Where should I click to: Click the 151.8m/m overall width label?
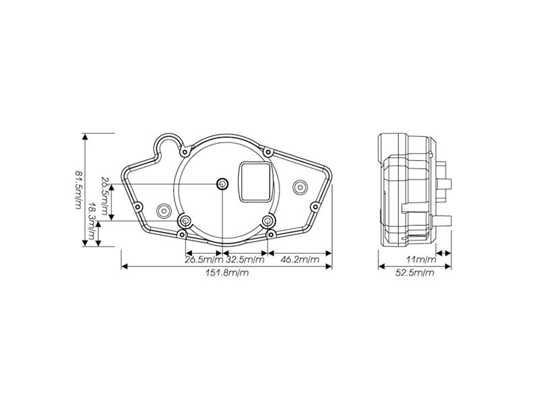click(x=227, y=273)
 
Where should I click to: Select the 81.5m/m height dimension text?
click(x=78, y=189)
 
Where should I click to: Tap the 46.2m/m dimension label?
click(x=300, y=259)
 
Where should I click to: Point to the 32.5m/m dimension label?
click(x=245, y=259)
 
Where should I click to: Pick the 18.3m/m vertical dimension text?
click(x=92, y=221)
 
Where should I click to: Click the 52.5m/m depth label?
click(x=414, y=273)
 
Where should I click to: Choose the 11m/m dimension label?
click(x=421, y=259)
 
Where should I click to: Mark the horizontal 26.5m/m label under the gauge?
click(x=204, y=259)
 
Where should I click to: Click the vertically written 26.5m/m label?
click(x=105, y=196)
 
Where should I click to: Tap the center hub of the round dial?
click(x=222, y=184)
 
